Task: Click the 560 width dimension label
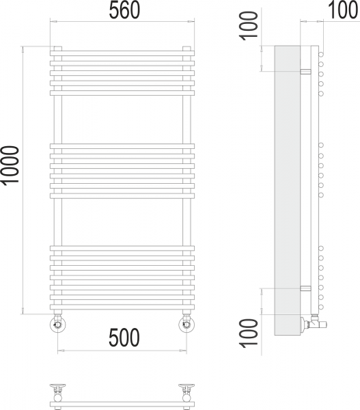[x=124, y=10]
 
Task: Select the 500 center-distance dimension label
[x=124, y=338]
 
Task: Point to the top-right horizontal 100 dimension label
[x=342, y=10]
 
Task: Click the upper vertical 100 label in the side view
[x=249, y=26]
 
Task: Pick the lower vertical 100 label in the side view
[x=249, y=333]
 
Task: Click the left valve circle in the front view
[x=57, y=325]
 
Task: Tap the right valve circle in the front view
[x=186, y=325]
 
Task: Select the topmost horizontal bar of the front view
[x=122, y=53]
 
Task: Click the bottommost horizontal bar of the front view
[x=122, y=307]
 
